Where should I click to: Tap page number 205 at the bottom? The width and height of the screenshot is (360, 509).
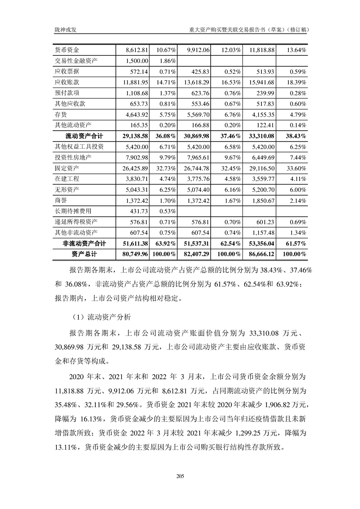180,476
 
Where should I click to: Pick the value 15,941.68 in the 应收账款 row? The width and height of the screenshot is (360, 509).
262,82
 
